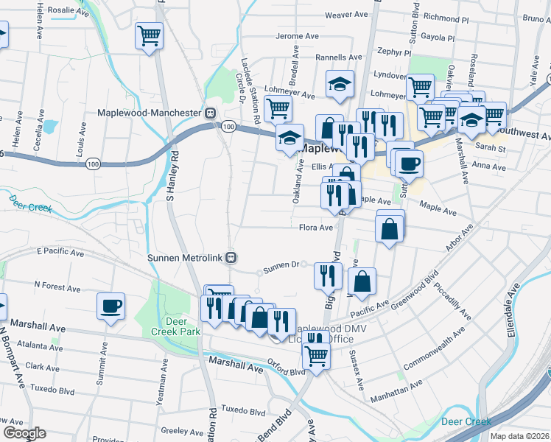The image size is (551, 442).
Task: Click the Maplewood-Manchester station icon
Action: point(210,113)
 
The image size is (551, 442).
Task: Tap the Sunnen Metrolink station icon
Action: point(231,258)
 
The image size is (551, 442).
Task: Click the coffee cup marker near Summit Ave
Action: point(110,306)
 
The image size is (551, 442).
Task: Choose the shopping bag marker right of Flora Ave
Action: point(390,228)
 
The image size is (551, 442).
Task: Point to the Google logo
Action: point(24,433)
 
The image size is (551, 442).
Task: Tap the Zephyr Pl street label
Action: point(393,53)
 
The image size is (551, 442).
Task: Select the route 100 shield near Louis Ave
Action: point(93,162)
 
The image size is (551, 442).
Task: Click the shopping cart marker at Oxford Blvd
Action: point(316,356)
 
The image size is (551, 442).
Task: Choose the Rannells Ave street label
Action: point(339,57)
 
